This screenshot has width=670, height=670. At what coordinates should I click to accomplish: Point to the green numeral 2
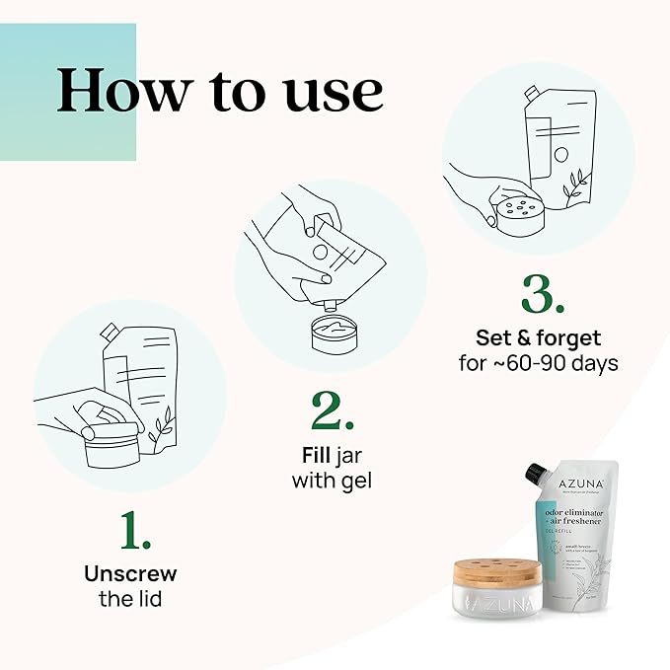332,413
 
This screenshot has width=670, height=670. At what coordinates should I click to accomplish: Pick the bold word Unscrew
130,573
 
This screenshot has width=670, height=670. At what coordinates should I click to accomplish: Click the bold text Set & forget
538,338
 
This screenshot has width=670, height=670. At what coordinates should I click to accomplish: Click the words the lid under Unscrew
130,598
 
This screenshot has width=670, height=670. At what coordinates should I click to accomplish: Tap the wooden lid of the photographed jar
495,575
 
